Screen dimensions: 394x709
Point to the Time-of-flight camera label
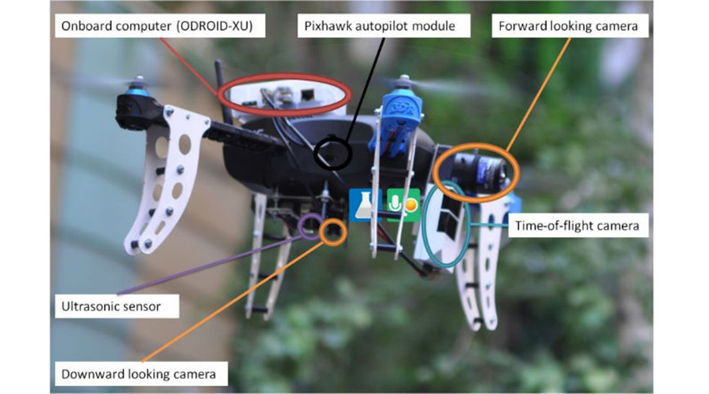coord(581,226)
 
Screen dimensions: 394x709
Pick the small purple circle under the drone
coord(310,226)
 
